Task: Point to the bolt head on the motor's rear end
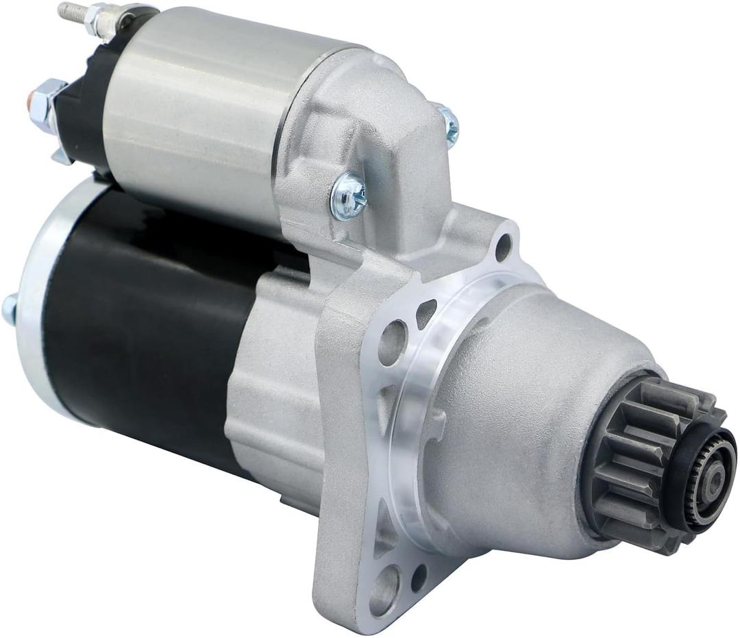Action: click(9, 308)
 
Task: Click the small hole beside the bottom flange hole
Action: click(419, 577)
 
